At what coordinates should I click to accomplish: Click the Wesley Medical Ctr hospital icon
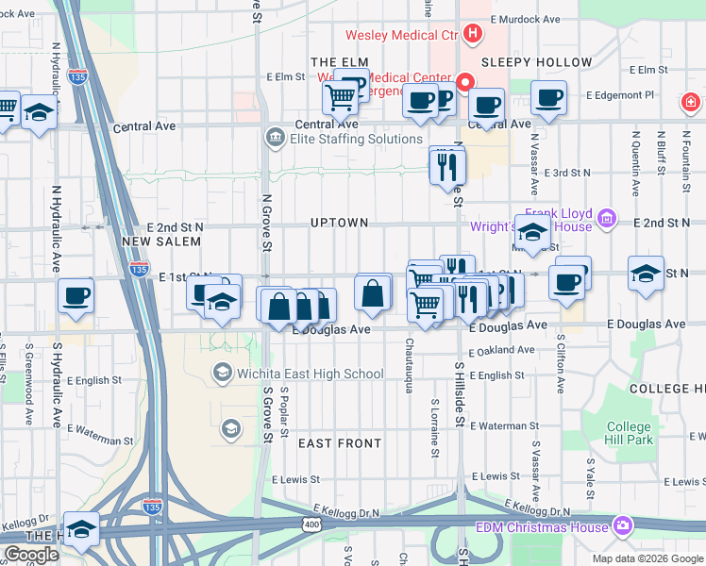(473, 36)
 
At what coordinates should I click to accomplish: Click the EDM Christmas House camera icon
(622, 525)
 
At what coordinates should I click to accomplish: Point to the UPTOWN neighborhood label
(339, 223)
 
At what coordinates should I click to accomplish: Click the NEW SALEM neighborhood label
(161, 241)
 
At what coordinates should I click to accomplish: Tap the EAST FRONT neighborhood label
(340, 442)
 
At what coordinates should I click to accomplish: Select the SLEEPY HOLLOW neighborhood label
(536, 62)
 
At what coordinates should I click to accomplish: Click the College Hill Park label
(630, 434)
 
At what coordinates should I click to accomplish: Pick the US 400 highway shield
(311, 524)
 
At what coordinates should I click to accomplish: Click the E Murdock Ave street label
(519, 19)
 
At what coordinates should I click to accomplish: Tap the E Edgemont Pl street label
(620, 95)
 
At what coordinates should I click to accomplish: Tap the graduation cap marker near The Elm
(39, 113)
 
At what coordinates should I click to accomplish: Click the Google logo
(31, 555)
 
